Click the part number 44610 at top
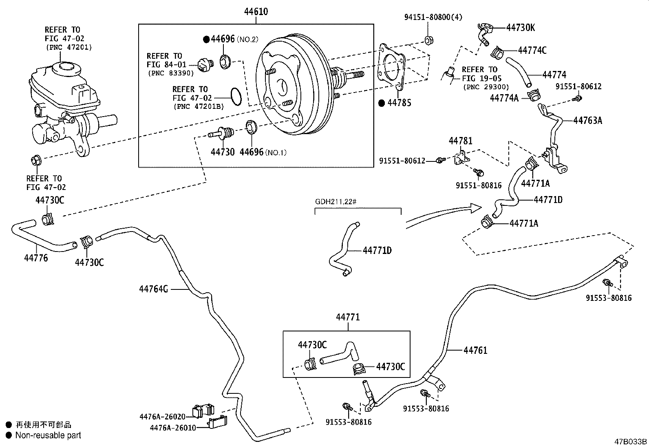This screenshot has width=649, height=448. click(x=256, y=12)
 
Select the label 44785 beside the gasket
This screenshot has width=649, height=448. click(x=399, y=103)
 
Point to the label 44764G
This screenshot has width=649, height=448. click(x=153, y=289)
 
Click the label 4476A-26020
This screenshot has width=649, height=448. click(x=162, y=416)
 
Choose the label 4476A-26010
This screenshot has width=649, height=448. click(x=173, y=428)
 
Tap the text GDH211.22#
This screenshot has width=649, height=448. click(x=336, y=201)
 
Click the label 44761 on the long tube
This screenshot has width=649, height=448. click(x=475, y=350)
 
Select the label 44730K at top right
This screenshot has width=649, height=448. click(x=521, y=27)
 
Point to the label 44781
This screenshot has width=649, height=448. click(x=461, y=141)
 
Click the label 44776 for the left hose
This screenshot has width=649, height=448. click(x=36, y=258)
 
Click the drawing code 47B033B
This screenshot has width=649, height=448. click(x=631, y=441)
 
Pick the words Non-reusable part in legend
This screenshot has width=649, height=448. click(x=48, y=435)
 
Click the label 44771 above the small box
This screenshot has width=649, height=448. click(x=348, y=317)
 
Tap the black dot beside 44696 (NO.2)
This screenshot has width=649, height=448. click(x=206, y=40)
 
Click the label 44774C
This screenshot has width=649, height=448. click(x=532, y=51)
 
